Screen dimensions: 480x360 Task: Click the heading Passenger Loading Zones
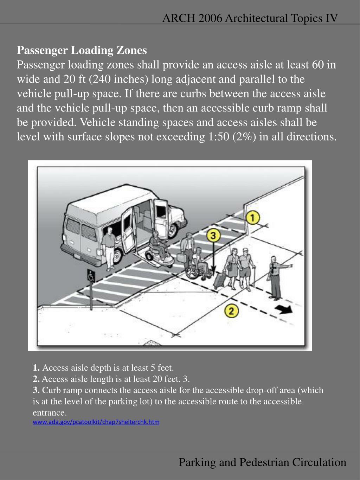82,50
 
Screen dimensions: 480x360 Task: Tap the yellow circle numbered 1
252,218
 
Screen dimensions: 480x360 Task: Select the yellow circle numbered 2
231,311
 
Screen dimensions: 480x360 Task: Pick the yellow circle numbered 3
213,236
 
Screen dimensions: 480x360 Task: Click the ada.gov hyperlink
96,422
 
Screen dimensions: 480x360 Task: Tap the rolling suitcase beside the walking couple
220,279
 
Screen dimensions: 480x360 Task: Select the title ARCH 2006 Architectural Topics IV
250,18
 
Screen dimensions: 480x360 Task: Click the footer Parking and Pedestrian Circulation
262,462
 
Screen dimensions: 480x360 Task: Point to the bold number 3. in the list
36,390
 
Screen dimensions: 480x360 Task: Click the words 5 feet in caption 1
162,368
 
